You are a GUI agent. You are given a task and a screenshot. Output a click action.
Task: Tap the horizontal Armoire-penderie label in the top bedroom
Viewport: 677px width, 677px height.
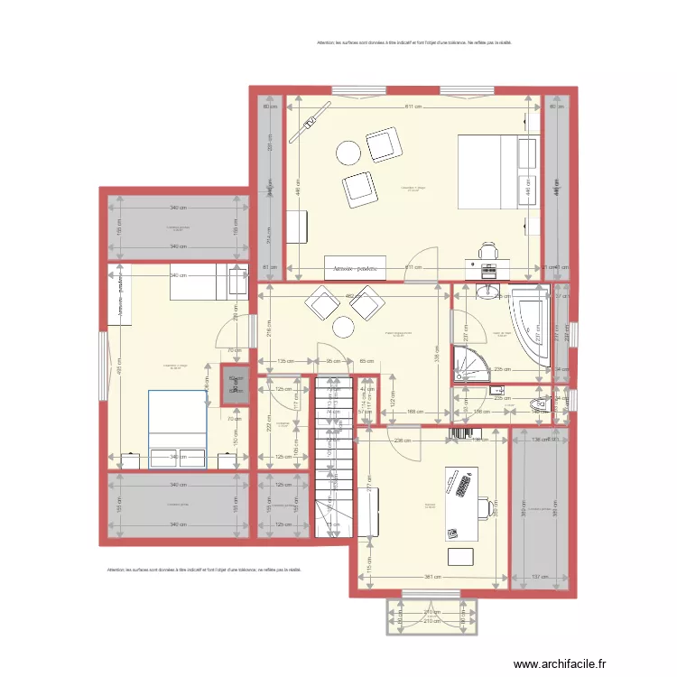(x=355, y=269)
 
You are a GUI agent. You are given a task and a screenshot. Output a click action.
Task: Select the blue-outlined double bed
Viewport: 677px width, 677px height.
(x=177, y=429)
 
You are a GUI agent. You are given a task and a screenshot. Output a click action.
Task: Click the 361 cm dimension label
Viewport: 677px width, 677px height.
(x=433, y=579)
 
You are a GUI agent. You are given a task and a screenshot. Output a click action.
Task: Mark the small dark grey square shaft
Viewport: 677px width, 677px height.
(x=235, y=381)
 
